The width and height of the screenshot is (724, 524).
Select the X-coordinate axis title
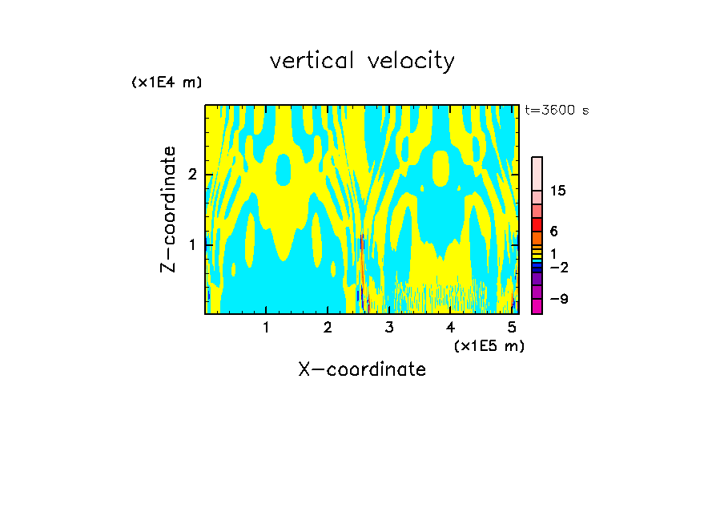[362, 369]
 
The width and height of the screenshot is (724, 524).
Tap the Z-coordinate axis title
[168, 209]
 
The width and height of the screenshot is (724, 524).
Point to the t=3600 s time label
[557, 111]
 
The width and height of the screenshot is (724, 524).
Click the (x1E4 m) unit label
[167, 83]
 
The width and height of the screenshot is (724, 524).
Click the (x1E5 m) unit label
[489, 345]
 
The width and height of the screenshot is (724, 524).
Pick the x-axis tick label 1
[266, 327]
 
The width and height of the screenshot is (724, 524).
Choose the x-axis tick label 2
[328, 327]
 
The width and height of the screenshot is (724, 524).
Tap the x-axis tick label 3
[389, 327]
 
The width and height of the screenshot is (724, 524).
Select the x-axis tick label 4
[451, 327]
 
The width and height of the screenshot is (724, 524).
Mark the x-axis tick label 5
[512, 327]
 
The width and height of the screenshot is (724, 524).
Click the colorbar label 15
[558, 191]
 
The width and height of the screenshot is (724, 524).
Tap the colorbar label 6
[553, 232]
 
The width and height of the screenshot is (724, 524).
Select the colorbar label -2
[558, 268]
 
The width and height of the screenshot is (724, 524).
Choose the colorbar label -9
[558, 300]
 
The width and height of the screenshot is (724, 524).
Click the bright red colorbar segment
[537, 224]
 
